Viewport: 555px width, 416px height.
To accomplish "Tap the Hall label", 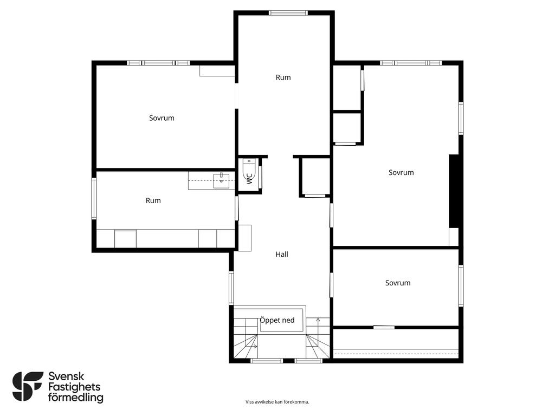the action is click(x=282, y=255).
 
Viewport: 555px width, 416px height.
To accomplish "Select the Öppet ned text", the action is click(x=277, y=320).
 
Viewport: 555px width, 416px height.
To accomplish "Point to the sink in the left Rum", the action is click(x=221, y=181).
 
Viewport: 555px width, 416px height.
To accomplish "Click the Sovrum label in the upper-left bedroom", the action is click(x=162, y=118).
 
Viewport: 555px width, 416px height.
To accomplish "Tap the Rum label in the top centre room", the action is click(x=283, y=77).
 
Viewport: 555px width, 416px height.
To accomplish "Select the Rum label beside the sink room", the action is click(x=153, y=200).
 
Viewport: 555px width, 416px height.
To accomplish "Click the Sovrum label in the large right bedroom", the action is click(x=401, y=173).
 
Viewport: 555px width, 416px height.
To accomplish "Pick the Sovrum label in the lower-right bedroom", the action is click(x=398, y=283).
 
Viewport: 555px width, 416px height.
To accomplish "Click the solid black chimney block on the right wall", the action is click(x=454, y=191).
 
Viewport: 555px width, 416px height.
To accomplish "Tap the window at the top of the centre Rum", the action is click(x=288, y=13).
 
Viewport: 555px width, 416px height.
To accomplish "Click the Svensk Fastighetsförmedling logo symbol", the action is click(x=28, y=386).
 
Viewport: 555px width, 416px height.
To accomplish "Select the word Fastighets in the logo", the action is click(x=74, y=387).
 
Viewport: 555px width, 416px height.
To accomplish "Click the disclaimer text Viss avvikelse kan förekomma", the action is click(x=277, y=402).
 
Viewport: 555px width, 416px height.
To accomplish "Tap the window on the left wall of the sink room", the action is click(x=94, y=198).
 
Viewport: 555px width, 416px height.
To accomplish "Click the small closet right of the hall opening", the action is click(x=315, y=177).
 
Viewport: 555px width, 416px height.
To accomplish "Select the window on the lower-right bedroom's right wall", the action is click(x=461, y=285).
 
